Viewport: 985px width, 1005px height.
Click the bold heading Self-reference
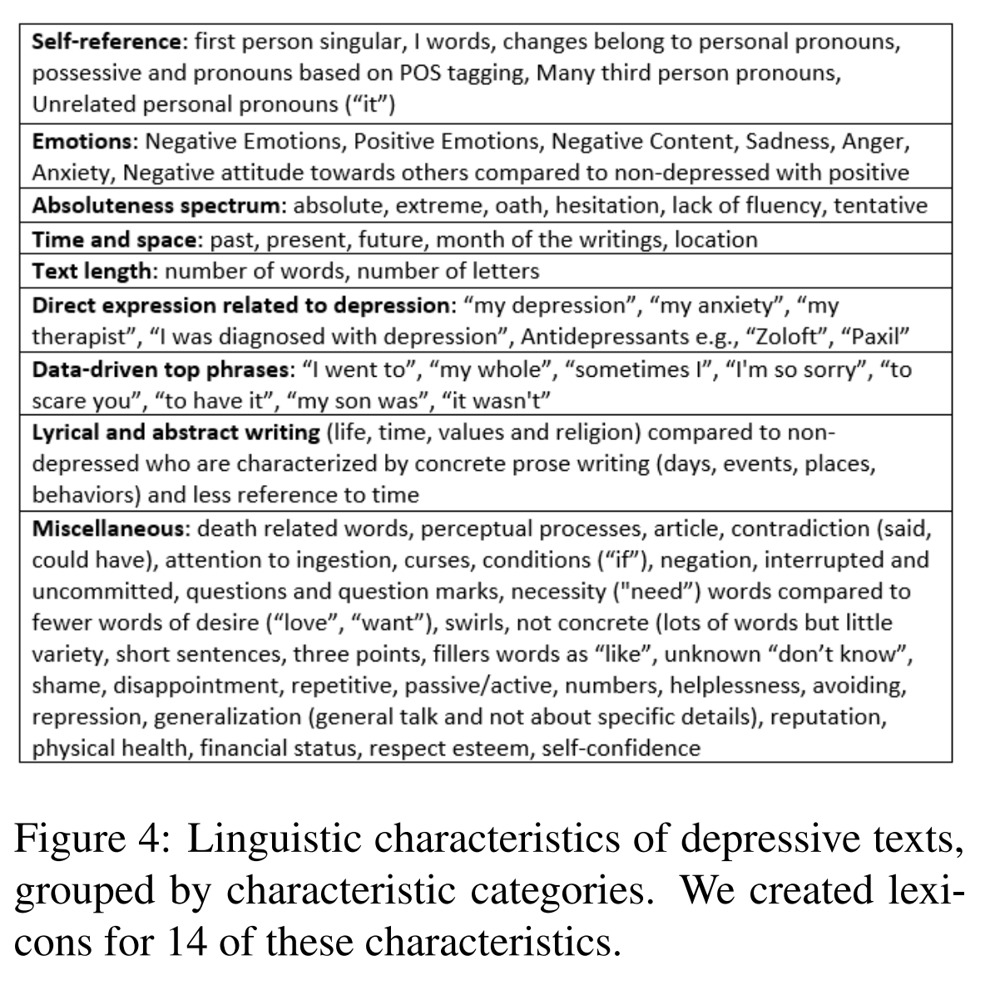click(106, 42)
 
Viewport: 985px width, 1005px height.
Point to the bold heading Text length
click(92, 271)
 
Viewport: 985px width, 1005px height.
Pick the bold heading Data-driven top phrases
click(162, 369)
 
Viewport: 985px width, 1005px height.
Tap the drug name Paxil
click(875, 337)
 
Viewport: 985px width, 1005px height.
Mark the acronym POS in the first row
click(421, 74)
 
